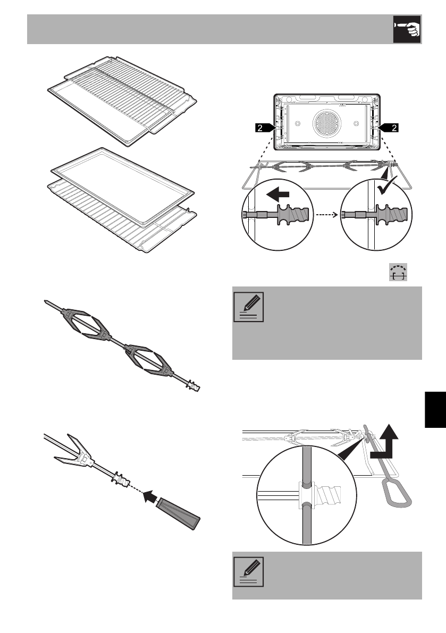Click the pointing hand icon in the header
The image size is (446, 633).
(x=407, y=29)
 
